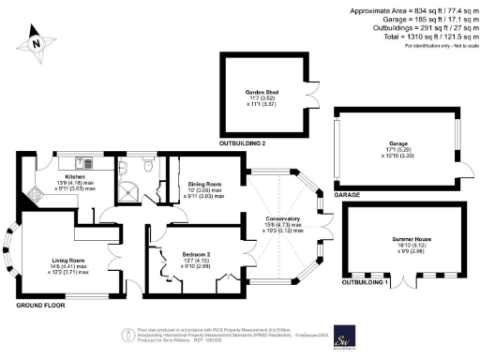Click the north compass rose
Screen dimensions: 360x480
(x=36, y=41)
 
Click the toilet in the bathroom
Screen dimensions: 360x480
(x=125, y=167)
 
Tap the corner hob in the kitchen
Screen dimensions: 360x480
(x=32, y=194)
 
